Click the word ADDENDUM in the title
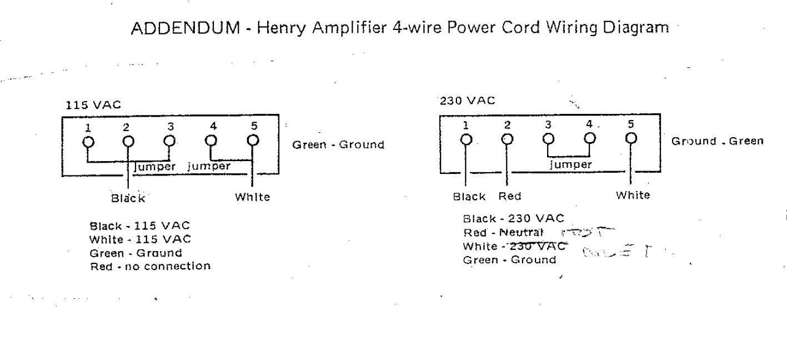(x=183, y=28)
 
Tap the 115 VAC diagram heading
(x=93, y=104)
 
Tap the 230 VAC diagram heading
(x=467, y=101)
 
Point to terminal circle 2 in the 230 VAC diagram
(x=507, y=139)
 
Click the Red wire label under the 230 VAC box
(x=509, y=196)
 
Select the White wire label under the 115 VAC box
(x=253, y=197)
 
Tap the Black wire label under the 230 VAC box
(x=469, y=196)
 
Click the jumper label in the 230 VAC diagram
(x=570, y=164)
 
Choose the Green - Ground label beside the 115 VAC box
(x=338, y=145)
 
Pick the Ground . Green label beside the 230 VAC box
(x=717, y=141)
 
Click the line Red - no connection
(x=150, y=266)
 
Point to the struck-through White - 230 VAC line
(x=514, y=246)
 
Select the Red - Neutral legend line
(x=502, y=232)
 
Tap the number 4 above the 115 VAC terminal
(x=213, y=126)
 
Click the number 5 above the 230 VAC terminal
(x=630, y=124)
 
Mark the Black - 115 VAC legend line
(x=139, y=226)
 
